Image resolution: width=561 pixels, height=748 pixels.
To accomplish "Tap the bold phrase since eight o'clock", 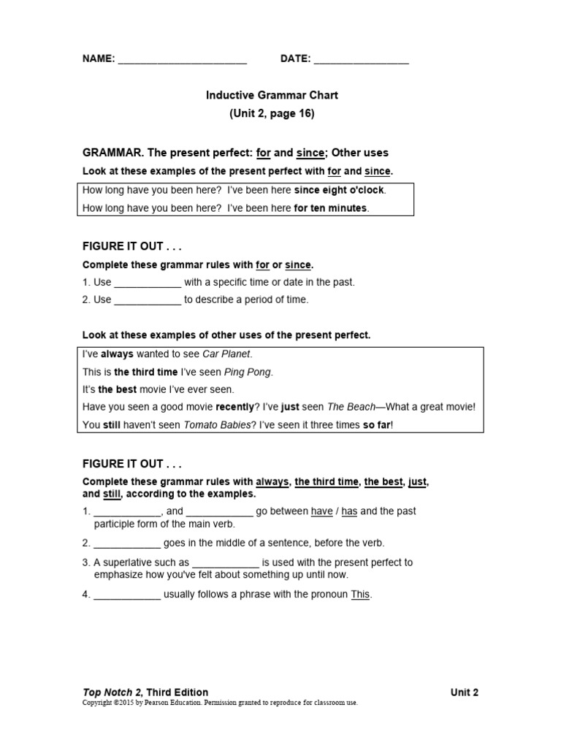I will [x=339, y=190].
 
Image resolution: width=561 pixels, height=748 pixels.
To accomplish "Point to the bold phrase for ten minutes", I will [x=331, y=208].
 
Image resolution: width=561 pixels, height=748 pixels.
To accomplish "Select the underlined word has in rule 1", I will [x=349, y=511].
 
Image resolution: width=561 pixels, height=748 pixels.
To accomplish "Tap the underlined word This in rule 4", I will [x=361, y=595].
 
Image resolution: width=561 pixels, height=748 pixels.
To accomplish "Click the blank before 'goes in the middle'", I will [x=127, y=543].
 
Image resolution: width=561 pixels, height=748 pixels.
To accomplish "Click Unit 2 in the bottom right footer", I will [x=465, y=692].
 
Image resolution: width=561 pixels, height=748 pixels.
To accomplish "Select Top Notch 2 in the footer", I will [x=112, y=692].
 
